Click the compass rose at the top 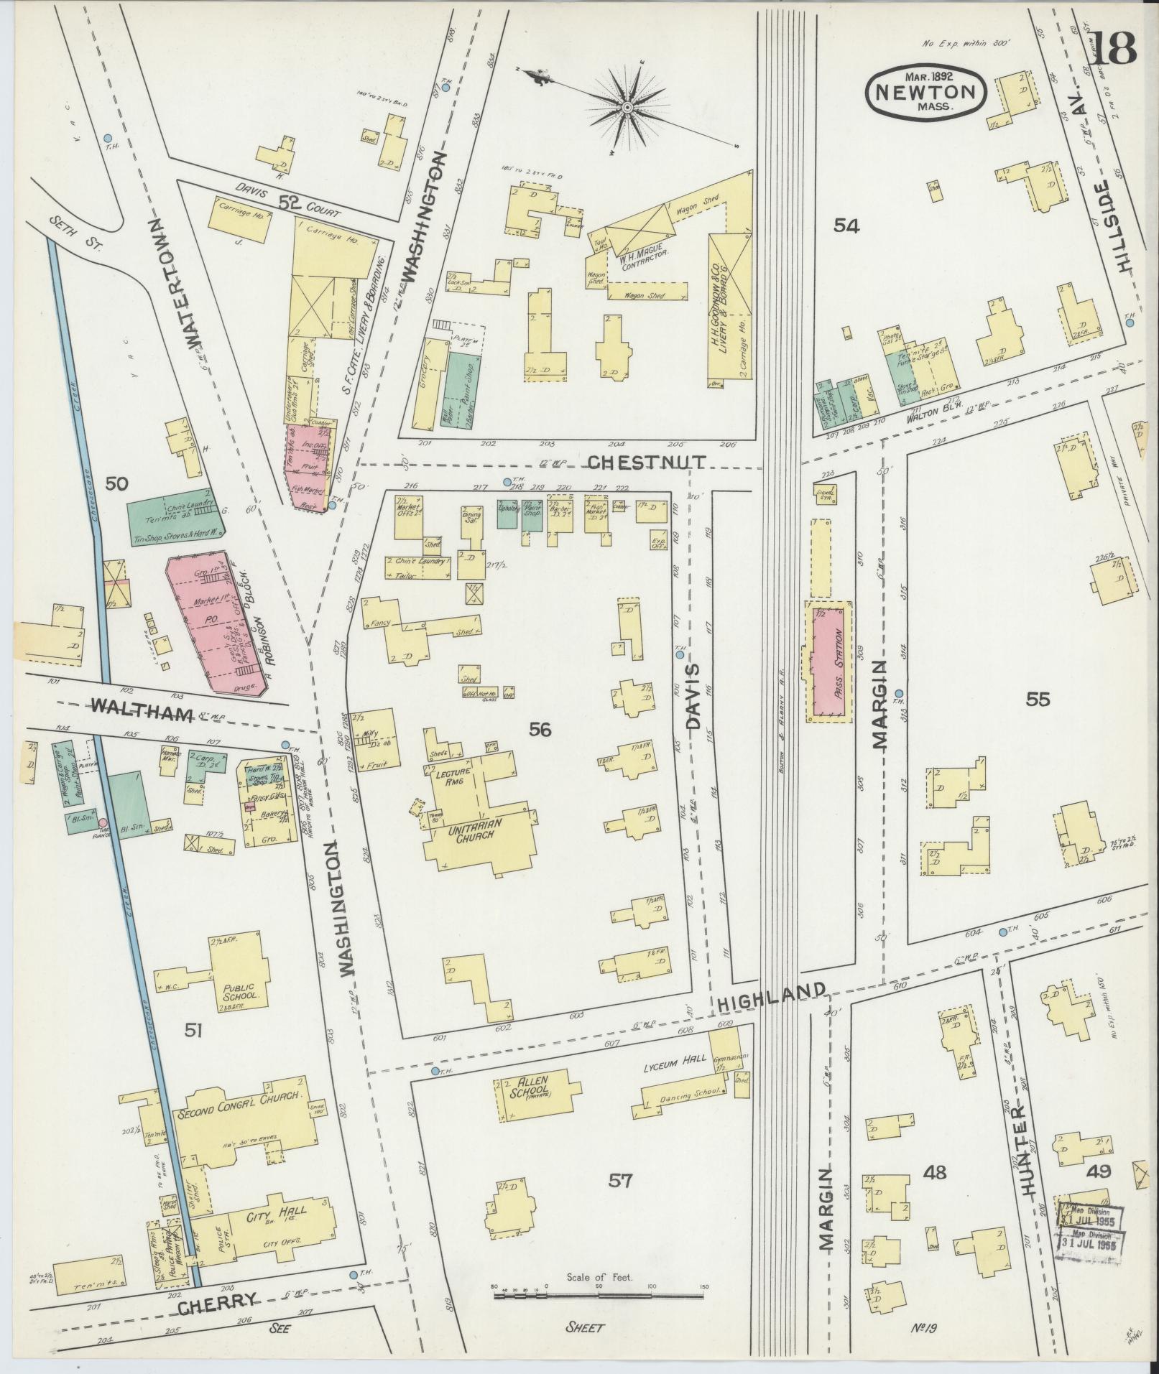click(x=627, y=107)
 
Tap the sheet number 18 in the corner click(x=1114, y=48)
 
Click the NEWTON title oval click(x=925, y=92)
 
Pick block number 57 click(x=619, y=1179)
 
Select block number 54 click(x=846, y=226)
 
